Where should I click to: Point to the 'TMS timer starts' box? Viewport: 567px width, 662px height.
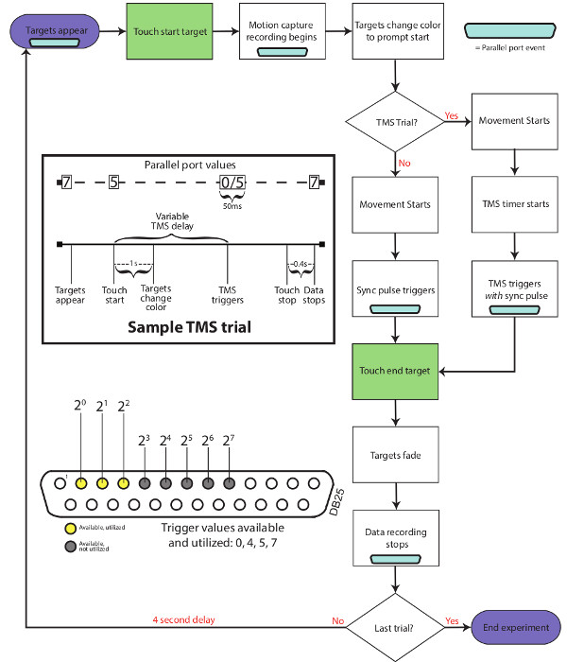(x=513, y=204)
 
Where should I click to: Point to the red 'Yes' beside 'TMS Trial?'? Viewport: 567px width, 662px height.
(x=452, y=116)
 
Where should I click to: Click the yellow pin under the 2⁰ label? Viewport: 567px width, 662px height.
(x=81, y=481)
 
